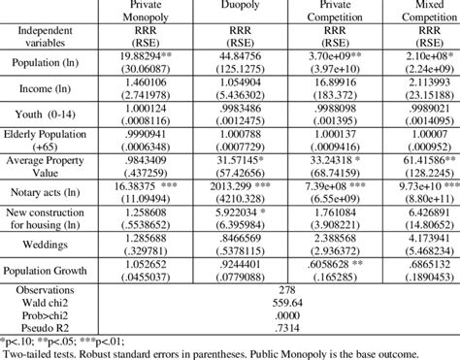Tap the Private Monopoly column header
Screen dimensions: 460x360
[144, 12]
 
